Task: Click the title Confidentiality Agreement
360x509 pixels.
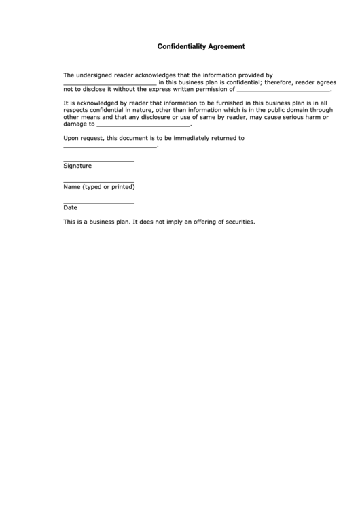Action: (201, 48)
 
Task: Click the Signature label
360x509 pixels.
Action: (77, 166)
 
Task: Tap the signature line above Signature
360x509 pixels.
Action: (98, 161)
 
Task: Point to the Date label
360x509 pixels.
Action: (70, 208)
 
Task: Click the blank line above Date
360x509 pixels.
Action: (98, 203)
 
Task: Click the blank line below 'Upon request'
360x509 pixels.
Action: (109, 146)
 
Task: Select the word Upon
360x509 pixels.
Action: (71, 138)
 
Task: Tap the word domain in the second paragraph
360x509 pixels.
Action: (302, 109)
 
